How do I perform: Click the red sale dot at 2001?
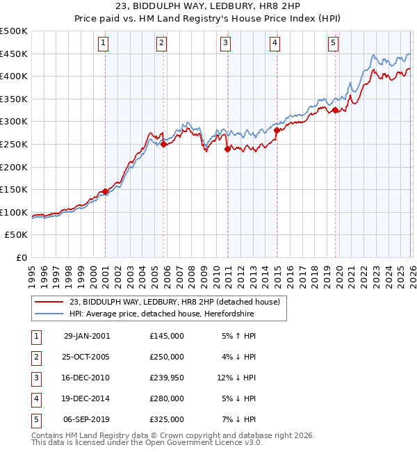(x=105, y=191)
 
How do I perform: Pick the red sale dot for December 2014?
(x=277, y=130)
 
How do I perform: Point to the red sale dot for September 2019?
(x=335, y=110)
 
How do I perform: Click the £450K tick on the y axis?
(x=14, y=54)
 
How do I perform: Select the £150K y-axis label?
(x=14, y=190)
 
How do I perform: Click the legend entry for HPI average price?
(x=161, y=314)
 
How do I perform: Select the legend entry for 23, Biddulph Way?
(x=174, y=302)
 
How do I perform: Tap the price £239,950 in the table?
(x=167, y=378)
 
